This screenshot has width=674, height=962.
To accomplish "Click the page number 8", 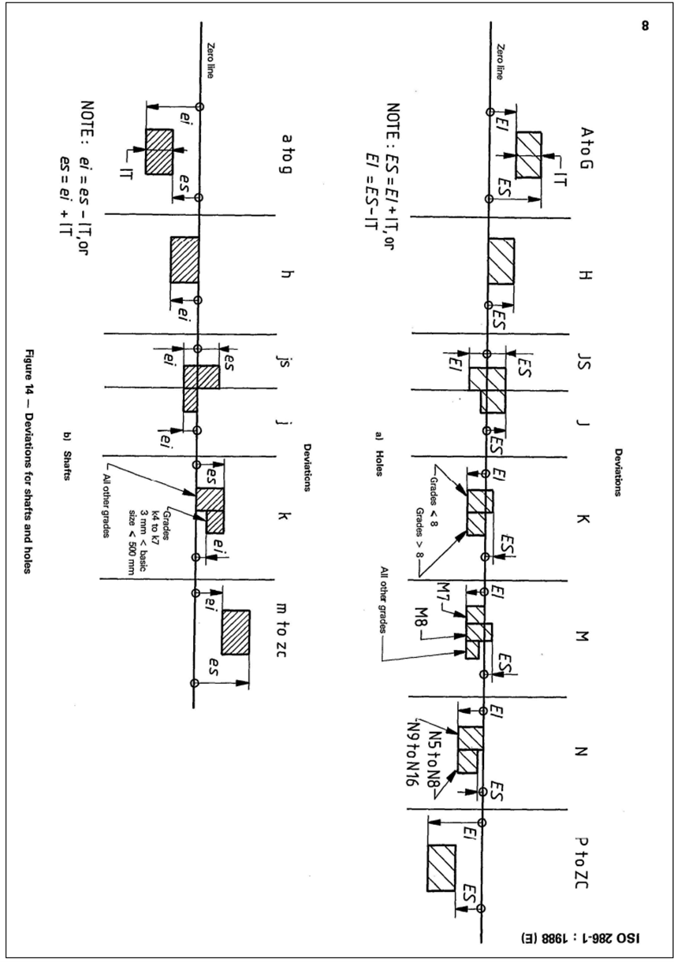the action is [x=645, y=26].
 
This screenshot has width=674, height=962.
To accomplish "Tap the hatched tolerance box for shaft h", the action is [x=184, y=260].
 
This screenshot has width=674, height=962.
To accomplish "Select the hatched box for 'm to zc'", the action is [x=236, y=632].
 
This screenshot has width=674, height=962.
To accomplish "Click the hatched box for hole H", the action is [x=501, y=261].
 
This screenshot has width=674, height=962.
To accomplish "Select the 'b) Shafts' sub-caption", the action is [x=67, y=460].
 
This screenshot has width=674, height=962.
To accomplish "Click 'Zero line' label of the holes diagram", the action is [x=499, y=61].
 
